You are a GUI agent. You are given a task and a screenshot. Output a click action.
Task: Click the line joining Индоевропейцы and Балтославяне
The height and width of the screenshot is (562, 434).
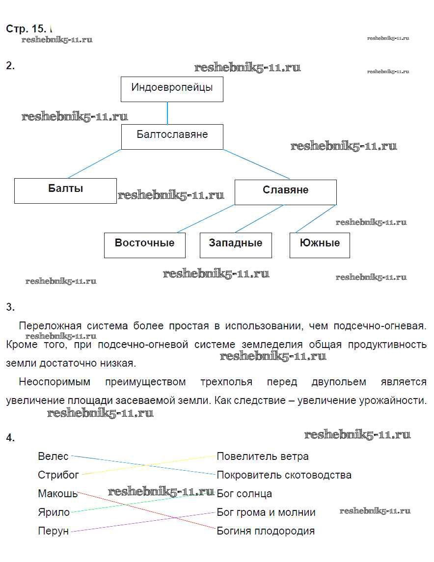167,113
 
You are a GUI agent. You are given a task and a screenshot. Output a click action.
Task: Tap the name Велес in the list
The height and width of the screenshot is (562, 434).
53,456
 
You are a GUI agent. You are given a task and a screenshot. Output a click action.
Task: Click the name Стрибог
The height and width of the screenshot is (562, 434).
58,475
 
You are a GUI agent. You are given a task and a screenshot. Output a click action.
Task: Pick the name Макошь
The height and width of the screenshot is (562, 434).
58,493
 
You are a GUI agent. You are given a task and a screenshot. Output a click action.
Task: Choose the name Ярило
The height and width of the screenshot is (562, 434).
54,512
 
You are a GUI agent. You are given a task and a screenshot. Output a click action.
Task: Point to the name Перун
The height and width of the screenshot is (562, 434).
53,531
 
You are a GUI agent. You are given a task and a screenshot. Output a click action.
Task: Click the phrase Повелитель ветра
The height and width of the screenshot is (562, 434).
263,456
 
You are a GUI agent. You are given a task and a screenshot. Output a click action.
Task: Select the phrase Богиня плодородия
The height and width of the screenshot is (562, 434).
266,531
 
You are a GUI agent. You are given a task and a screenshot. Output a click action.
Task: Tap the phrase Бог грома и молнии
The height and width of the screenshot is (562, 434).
266,512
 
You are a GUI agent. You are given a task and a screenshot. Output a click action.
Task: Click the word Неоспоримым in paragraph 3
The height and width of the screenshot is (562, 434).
54,382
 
